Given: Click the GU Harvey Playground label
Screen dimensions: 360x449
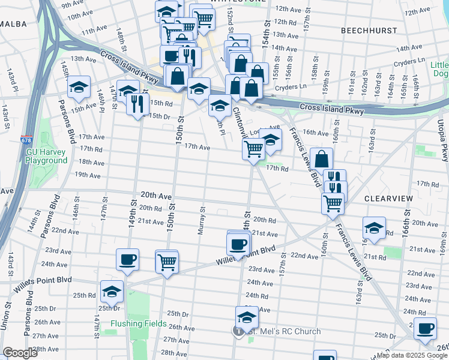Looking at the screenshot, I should pyautogui.click(x=46, y=156).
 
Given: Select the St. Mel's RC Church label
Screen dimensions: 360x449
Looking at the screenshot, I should pyautogui.click(x=285, y=331).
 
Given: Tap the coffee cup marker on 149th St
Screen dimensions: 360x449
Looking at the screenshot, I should pyautogui.click(x=128, y=260).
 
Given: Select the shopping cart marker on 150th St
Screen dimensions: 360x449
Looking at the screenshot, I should pyautogui.click(x=166, y=261).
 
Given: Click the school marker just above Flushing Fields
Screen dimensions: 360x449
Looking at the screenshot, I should pyautogui.click(x=112, y=292).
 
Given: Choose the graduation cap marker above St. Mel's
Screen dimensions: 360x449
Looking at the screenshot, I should pyautogui.click(x=247, y=317).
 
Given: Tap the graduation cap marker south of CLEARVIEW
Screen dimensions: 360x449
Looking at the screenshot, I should pyautogui.click(x=374, y=229).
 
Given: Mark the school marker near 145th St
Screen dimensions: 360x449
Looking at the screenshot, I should pyautogui.click(x=78, y=88).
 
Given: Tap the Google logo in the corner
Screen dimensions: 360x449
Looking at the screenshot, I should pyautogui.click(x=19, y=353).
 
